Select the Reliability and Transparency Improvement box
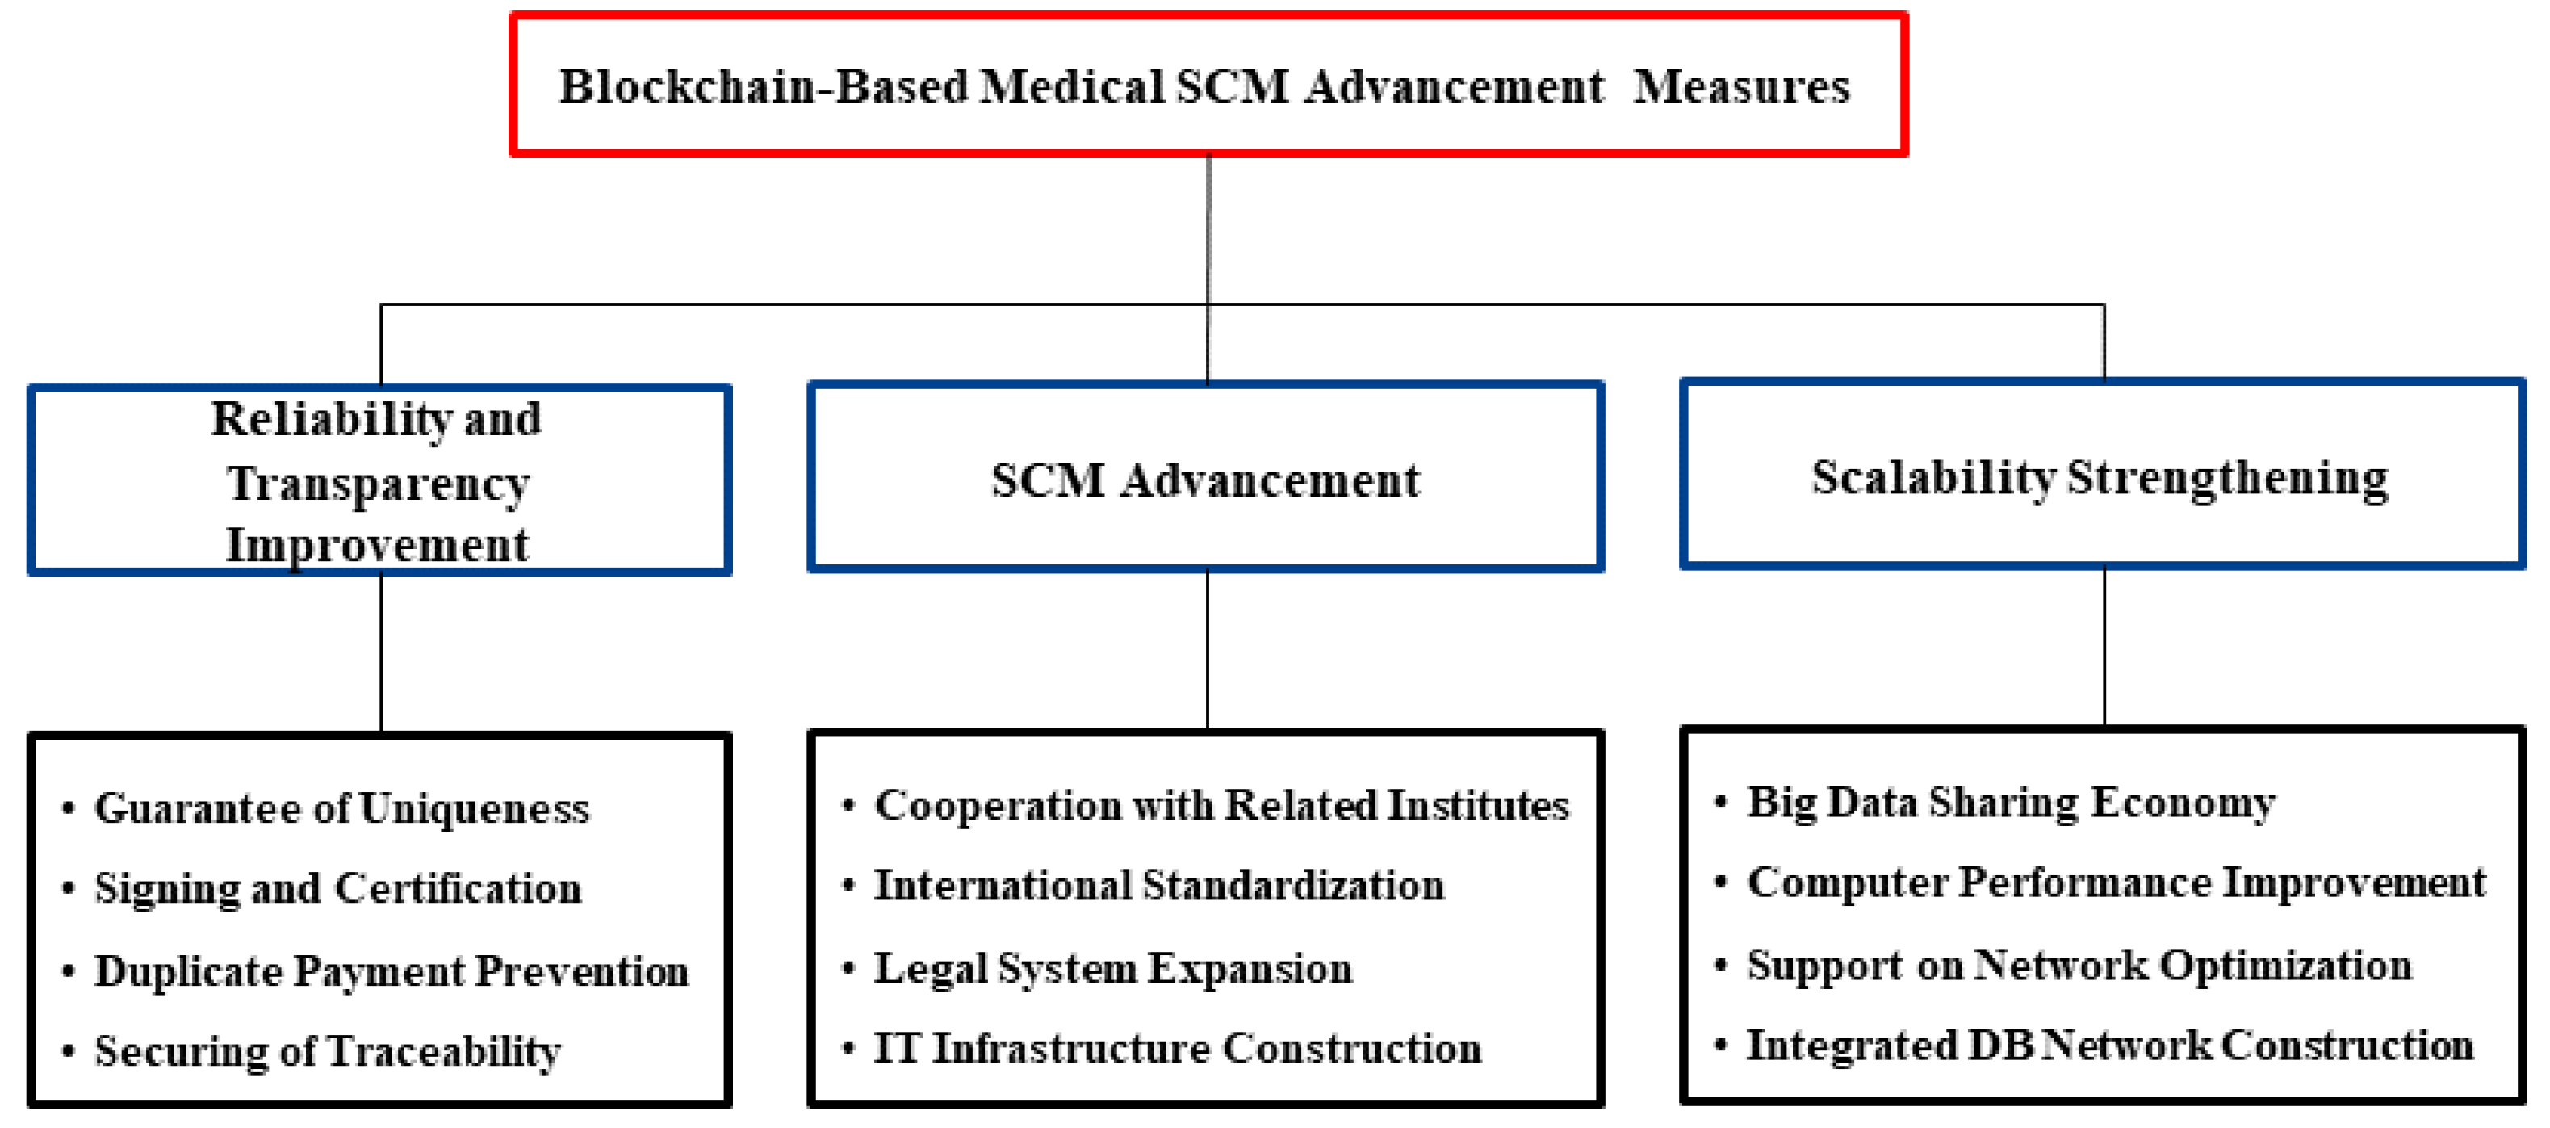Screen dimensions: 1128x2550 (379, 481)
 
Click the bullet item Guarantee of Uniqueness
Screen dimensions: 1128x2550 (341, 809)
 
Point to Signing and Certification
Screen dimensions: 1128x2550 (337, 889)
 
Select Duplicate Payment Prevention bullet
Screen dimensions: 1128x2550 (391, 971)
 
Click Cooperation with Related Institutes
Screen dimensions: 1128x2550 (1221, 806)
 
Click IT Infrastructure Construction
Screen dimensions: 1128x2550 (1177, 1049)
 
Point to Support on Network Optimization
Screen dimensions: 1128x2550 (2079, 966)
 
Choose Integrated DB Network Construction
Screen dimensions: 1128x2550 (2109, 1046)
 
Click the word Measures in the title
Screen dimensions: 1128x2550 (1741, 87)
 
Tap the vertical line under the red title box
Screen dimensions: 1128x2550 (1208, 228)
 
